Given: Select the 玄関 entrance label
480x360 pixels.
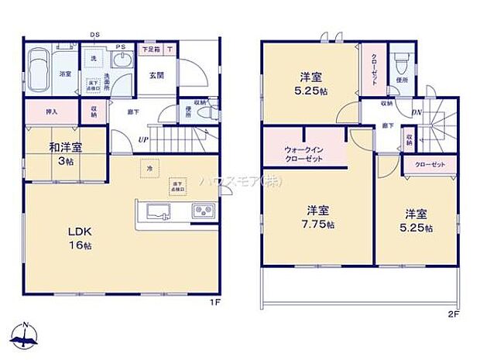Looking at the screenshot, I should [x=153, y=76].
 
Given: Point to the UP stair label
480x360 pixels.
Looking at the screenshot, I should [x=144, y=139].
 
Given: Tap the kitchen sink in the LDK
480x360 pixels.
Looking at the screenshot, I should [x=153, y=210].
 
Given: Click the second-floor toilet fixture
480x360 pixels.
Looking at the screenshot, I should [x=400, y=61].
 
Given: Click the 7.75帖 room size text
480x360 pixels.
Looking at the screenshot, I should [x=319, y=225].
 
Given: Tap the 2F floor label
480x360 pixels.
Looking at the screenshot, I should [x=452, y=314].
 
